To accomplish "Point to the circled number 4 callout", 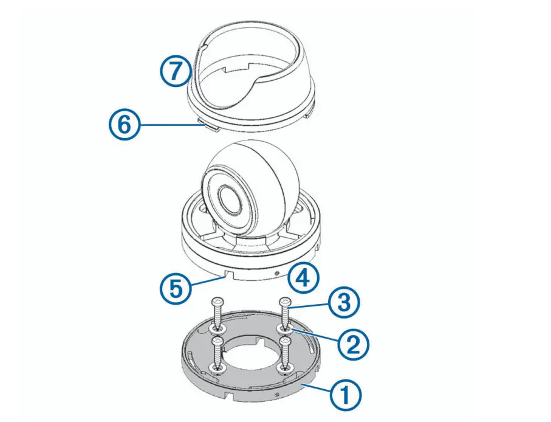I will [303, 278].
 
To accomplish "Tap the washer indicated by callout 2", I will [283, 329].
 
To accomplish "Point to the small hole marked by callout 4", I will [278, 273].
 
